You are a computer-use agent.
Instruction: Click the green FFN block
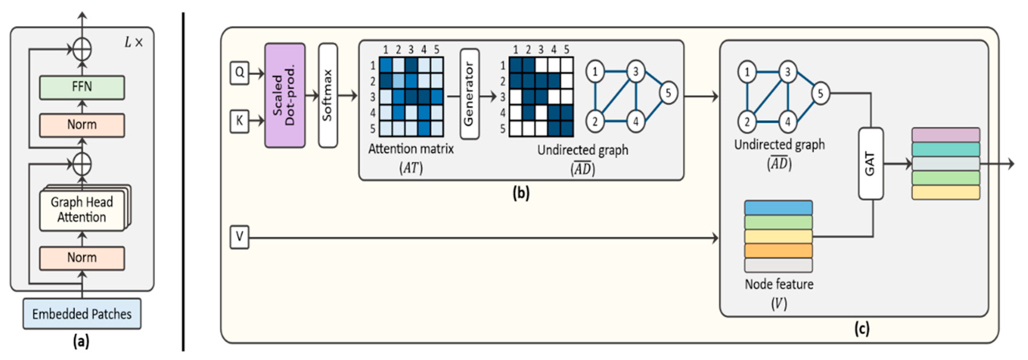coord(82,87)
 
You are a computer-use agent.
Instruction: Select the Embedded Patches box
coord(82,314)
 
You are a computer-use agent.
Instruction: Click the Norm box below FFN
coord(82,125)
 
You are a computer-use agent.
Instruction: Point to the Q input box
coord(239,73)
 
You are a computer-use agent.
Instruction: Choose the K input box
coord(239,121)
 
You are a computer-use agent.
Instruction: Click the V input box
coord(239,237)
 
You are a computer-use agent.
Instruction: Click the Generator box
coord(469,94)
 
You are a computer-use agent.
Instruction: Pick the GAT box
coord(871,164)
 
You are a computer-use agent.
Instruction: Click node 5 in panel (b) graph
coord(668,93)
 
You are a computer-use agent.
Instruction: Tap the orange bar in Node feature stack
coord(778,251)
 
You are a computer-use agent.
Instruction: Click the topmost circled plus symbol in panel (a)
coord(82,49)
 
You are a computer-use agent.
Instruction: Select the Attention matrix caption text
coord(411,149)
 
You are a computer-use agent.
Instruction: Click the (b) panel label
coord(521,193)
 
